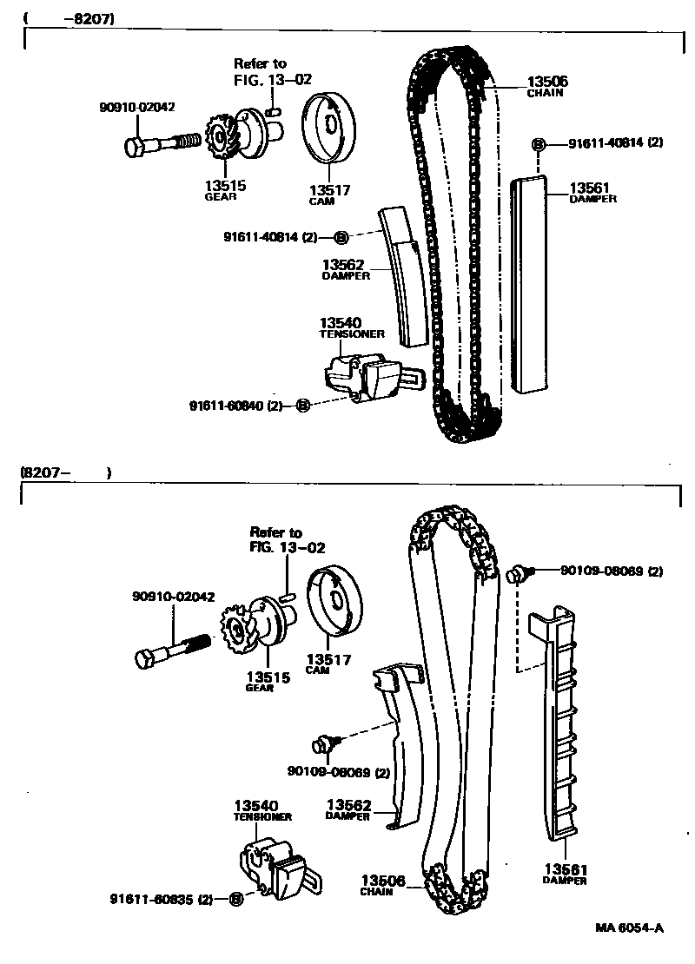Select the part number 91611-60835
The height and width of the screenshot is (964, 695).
coord(155,899)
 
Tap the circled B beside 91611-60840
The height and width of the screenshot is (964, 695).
coord(302,406)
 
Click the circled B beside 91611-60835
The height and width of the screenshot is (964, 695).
coord(235,899)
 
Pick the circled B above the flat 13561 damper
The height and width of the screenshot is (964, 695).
coord(538,143)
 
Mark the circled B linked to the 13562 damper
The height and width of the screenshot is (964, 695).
coord(341,236)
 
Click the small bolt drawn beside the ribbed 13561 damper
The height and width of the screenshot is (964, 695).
coord(520,572)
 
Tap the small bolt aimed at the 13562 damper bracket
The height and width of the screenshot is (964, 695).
coord(323,743)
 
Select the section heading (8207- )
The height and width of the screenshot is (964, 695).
coord(65,473)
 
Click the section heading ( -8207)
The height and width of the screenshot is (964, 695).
coord(69,17)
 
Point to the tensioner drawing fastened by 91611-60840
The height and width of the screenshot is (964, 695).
coord(365,375)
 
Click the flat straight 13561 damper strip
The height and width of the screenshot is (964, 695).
coord(531,287)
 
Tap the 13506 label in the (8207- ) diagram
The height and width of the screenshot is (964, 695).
coord(382,881)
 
